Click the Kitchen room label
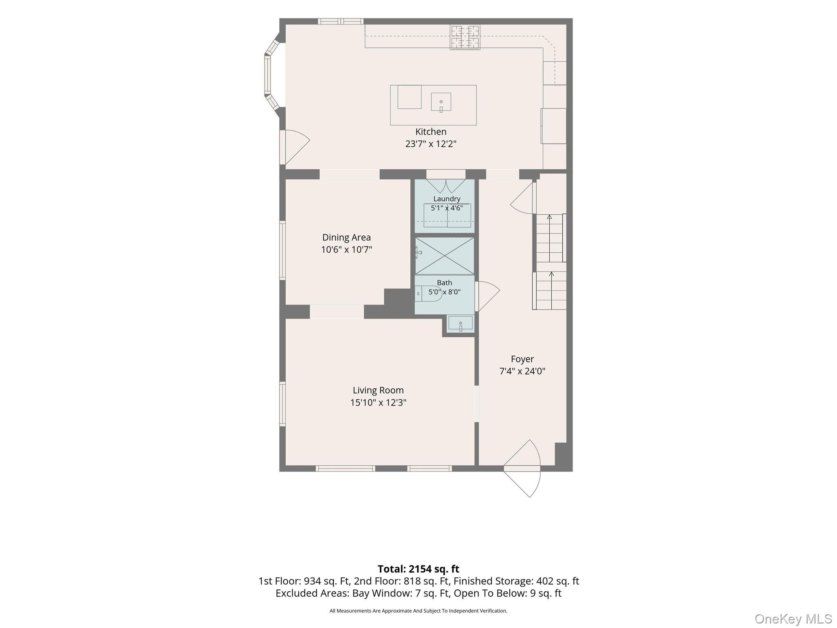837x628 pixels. click(x=431, y=132)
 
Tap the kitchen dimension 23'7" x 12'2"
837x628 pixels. click(x=431, y=144)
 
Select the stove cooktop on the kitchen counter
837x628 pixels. click(x=465, y=37)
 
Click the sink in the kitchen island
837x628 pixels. click(x=441, y=102)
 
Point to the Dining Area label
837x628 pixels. click(x=347, y=238)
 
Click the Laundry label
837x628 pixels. click(x=447, y=199)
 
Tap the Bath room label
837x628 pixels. click(x=445, y=283)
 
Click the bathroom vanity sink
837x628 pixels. click(x=461, y=323)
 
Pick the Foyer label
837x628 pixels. click(x=522, y=359)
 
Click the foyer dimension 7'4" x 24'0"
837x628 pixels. click(x=522, y=371)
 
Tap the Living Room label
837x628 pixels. click(x=378, y=390)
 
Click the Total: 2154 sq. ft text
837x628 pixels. click(x=418, y=569)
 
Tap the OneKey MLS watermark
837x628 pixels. click(x=793, y=619)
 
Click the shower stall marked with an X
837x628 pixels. click(x=445, y=256)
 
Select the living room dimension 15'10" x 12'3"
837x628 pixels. click(x=378, y=403)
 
